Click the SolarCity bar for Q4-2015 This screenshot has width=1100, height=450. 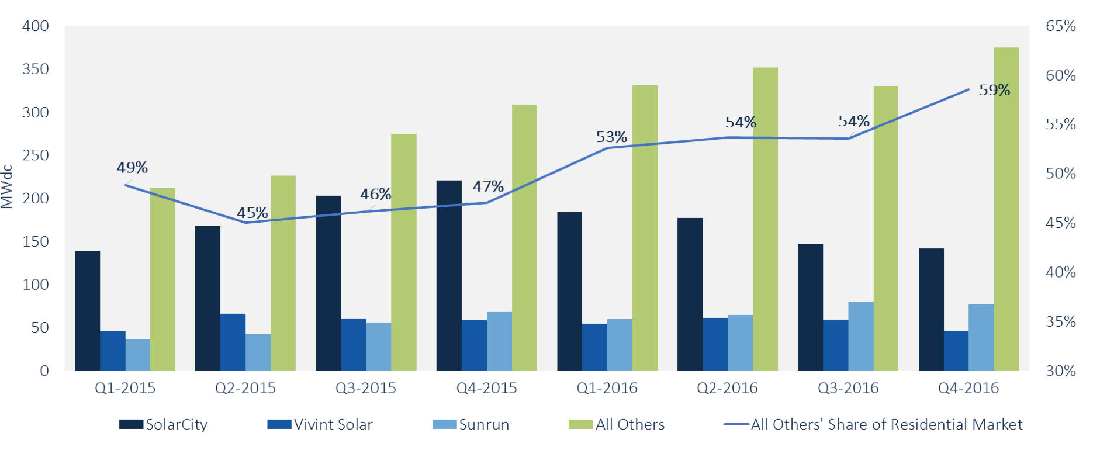[x=449, y=275]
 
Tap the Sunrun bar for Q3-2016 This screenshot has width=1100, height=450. [x=861, y=336]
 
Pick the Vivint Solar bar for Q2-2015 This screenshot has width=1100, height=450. [x=233, y=342]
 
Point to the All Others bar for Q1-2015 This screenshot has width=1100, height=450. [x=162, y=279]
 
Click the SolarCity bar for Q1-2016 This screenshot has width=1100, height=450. [x=569, y=291]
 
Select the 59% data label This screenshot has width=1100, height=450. [x=994, y=90]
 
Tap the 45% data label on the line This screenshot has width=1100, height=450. [x=252, y=213]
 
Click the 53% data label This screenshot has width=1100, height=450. [x=611, y=137]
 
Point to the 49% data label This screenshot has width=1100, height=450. [x=132, y=168]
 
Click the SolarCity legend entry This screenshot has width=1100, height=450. [x=164, y=424]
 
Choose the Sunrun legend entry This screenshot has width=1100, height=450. [x=471, y=424]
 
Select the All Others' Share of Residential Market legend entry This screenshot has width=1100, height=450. [x=873, y=424]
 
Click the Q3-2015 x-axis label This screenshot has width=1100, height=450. [x=366, y=388]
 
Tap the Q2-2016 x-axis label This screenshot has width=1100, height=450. [x=727, y=388]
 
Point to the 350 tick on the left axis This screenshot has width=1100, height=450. [x=35, y=69]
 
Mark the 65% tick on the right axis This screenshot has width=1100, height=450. [x=1060, y=26]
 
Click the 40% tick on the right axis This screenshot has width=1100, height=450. [x=1060, y=272]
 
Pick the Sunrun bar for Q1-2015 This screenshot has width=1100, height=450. [x=138, y=354]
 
